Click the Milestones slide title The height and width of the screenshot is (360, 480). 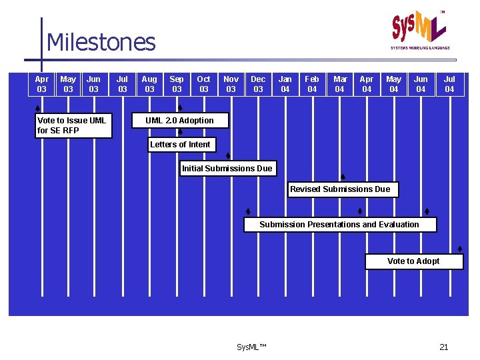101,42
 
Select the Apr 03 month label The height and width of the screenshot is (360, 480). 41,84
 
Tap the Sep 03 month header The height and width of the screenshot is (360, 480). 177,84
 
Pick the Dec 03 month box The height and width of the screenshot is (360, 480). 258,84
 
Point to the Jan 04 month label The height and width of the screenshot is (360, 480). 285,84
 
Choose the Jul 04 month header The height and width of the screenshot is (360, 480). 449,84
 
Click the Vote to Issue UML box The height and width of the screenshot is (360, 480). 74,125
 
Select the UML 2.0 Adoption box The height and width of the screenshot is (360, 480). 180,121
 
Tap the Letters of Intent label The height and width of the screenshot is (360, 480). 180,145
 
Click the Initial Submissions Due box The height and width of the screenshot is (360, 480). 227,169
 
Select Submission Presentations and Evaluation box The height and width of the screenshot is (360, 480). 339,225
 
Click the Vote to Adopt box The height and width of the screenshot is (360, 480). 413,261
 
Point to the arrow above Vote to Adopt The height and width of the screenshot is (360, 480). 460,249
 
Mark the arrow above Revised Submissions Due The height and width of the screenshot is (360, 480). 343,177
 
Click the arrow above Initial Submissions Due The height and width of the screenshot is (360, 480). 228,156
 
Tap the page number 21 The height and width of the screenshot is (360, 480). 444,347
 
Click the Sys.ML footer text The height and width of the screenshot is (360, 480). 251,347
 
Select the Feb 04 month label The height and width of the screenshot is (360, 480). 312,84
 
